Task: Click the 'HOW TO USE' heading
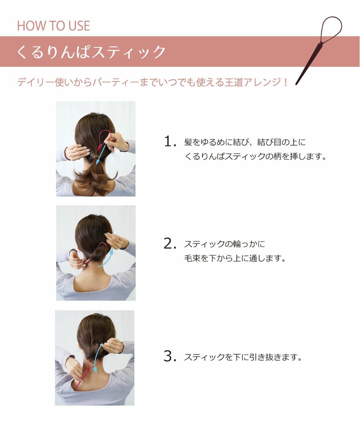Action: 53,26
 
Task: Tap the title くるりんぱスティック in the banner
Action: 91,52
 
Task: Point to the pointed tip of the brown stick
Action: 297,84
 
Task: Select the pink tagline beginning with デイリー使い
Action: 152,82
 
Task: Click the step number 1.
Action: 170,142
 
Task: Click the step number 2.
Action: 170,244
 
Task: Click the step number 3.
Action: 170,356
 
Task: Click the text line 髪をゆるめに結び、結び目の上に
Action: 245,142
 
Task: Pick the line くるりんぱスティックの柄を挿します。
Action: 255,156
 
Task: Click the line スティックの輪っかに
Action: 224,244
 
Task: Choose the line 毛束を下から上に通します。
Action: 235,258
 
